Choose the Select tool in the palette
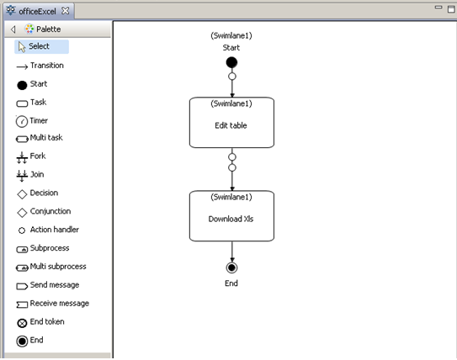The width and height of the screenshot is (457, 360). pos(39,46)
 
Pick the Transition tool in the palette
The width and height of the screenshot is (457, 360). pos(45,66)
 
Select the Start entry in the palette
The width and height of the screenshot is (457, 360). pos(38,84)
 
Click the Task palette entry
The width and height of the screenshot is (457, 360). pos(38,103)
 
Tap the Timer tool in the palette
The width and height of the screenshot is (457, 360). pos(38,121)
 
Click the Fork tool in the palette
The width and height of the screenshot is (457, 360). pos(37,156)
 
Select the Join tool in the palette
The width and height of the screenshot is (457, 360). pos(37,175)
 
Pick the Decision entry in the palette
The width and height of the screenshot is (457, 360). pos(43,193)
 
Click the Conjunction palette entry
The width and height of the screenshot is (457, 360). pos(49,212)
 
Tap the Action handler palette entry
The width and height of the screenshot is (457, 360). pos(51,230)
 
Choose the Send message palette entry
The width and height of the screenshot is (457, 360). pos(53,285)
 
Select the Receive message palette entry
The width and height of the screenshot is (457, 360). pos(57,304)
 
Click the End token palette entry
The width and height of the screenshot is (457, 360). pos(46,322)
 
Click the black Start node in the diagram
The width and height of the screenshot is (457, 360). pos(231,63)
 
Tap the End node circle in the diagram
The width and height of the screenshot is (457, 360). pos(231,267)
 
